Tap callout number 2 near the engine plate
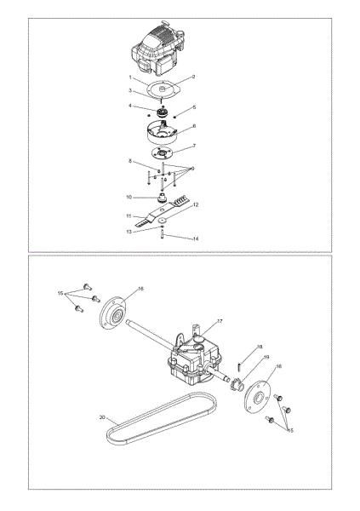[194, 77]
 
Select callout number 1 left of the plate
[130, 78]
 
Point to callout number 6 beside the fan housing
[194, 125]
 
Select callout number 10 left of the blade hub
[130, 197]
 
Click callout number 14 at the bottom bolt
[197, 239]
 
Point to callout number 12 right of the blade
[195, 205]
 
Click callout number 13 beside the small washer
[130, 231]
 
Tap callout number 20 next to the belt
[101, 418]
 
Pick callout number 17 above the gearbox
[220, 321]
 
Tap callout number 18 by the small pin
[259, 347]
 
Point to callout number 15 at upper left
[60, 292]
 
